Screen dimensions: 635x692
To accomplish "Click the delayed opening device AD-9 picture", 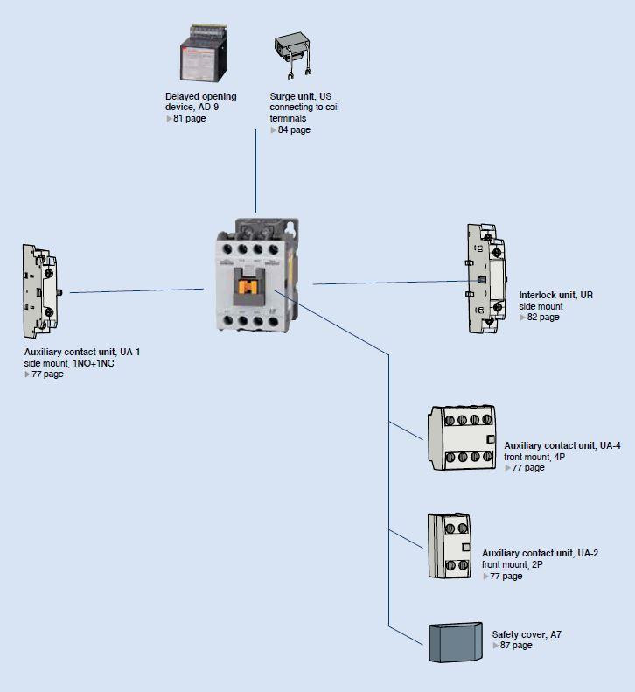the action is pyautogui.click(x=204, y=53).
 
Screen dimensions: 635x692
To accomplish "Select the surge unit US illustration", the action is pyautogui.click(x=292, y=55).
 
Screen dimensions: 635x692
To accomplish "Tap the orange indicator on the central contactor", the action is pyautogui.click(x=248, y=287).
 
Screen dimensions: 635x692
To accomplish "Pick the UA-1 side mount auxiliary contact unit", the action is pyautogui.click(x=42, y=291).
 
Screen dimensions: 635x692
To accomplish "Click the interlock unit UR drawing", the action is pyautogui.click(x=486, y=278).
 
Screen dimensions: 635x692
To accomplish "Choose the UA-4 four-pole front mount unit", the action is pyautogui.click(x=462, y=437).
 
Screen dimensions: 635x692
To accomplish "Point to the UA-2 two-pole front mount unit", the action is pyautogui.click(x=450, y=546).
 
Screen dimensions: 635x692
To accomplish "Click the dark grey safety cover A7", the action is pyautogui.click(x=456, y=642).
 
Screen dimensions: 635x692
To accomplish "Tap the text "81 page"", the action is pyautogui.click(x=189, y=118).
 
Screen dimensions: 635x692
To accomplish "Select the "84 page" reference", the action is pyautogui.click(x=294, y=129).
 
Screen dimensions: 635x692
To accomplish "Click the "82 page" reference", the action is pyautogui.click(x=543, y=317).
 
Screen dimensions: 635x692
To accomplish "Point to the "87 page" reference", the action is pyautogui.click(x=516, y=646).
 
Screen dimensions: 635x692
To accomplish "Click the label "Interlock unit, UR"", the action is pyautogui.click(x=555, y=295).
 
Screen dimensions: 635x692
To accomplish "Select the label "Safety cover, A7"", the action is pyautogui.click(x=527, y=634).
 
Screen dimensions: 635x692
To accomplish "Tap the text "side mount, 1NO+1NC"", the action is pyautogui.click(x=69, y=363).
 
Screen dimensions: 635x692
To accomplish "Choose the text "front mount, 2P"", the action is pyautogui.click(x=513, y=564).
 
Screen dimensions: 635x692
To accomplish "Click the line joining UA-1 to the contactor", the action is pyautogui.click(x=136, y=290).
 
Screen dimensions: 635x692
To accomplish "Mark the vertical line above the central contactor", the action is pyautogui.click(x=255, y=171).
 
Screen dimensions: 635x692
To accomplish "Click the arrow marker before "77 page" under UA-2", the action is pyautogui.click(x=485, y=577).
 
